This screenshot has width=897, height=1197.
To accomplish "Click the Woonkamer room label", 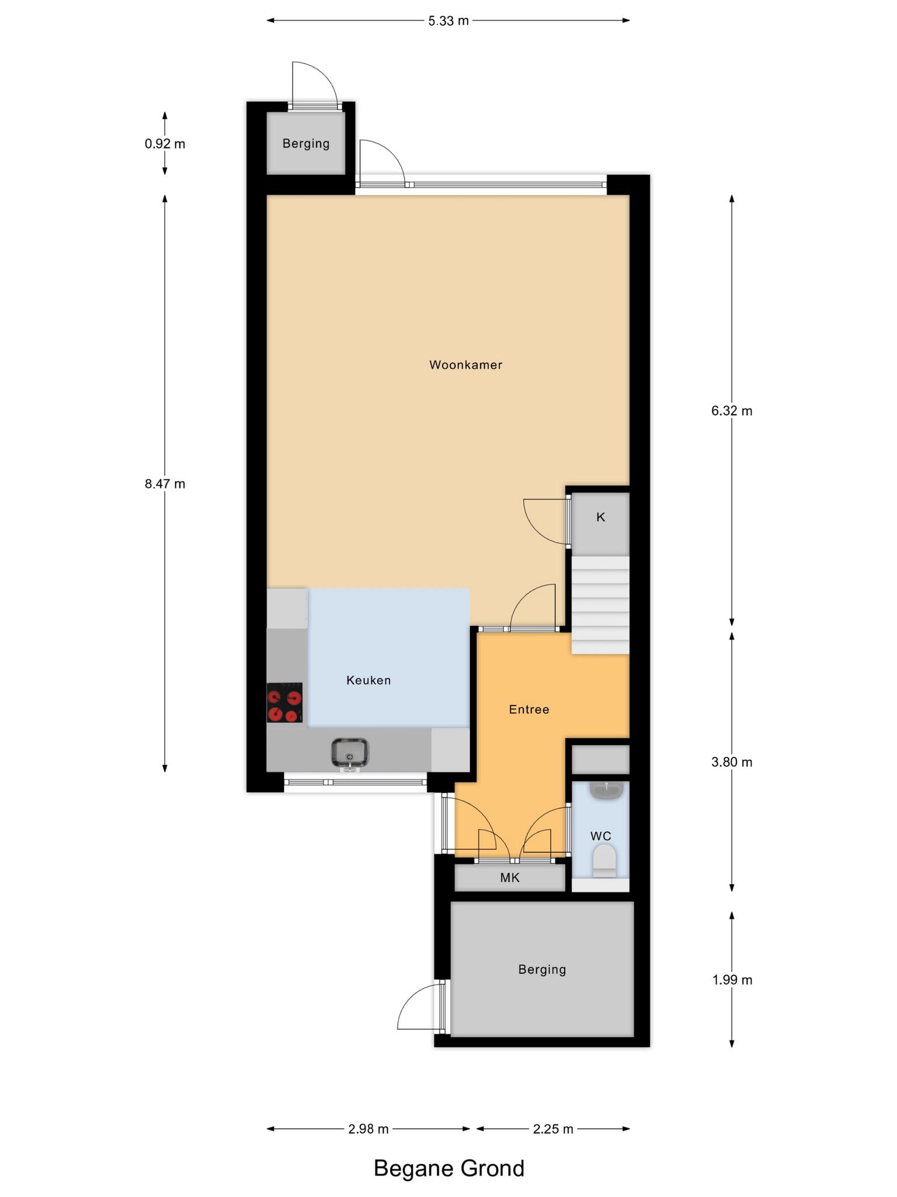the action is point(465,365).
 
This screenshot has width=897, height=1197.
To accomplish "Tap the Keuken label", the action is point(368,680).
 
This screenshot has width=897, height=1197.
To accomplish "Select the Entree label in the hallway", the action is point(529,710).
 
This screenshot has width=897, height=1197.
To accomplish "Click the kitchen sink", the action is point(350,753).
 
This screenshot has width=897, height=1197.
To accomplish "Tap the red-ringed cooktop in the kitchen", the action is point(285,703).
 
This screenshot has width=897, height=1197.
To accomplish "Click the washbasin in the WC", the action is point(607,791).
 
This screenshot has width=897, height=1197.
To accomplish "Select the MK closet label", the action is point(510,877).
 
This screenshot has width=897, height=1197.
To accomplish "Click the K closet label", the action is point(600,517).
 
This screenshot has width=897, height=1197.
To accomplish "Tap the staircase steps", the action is point(600,605).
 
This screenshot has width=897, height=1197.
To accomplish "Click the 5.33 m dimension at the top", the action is point(448,21).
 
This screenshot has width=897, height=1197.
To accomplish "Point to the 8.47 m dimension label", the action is point(165,484).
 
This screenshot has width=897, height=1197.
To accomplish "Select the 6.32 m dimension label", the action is point(732,411).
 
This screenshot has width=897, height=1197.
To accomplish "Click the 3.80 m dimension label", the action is point(732,762).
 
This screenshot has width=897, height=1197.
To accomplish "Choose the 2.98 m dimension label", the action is point(368,1129).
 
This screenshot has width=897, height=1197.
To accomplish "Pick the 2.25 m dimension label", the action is point(553,1129).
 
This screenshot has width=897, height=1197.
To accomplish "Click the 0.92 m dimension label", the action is point(165,144).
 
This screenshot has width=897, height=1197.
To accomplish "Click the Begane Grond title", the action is point(449,1169).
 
